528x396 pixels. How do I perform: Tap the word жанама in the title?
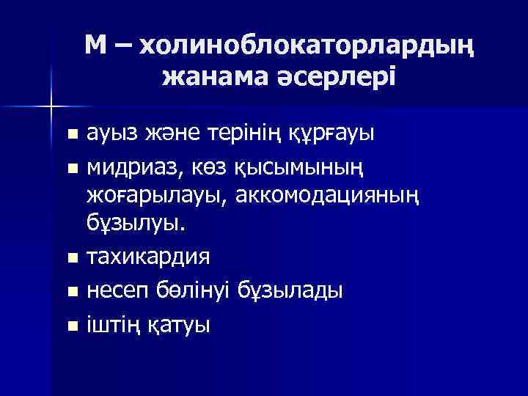coord(208,76)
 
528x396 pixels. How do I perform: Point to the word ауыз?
coord(111,135)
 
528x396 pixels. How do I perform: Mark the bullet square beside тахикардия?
coord(71,259)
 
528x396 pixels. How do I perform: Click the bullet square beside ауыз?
coord(71,135)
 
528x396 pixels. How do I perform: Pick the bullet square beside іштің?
coord(71,323)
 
